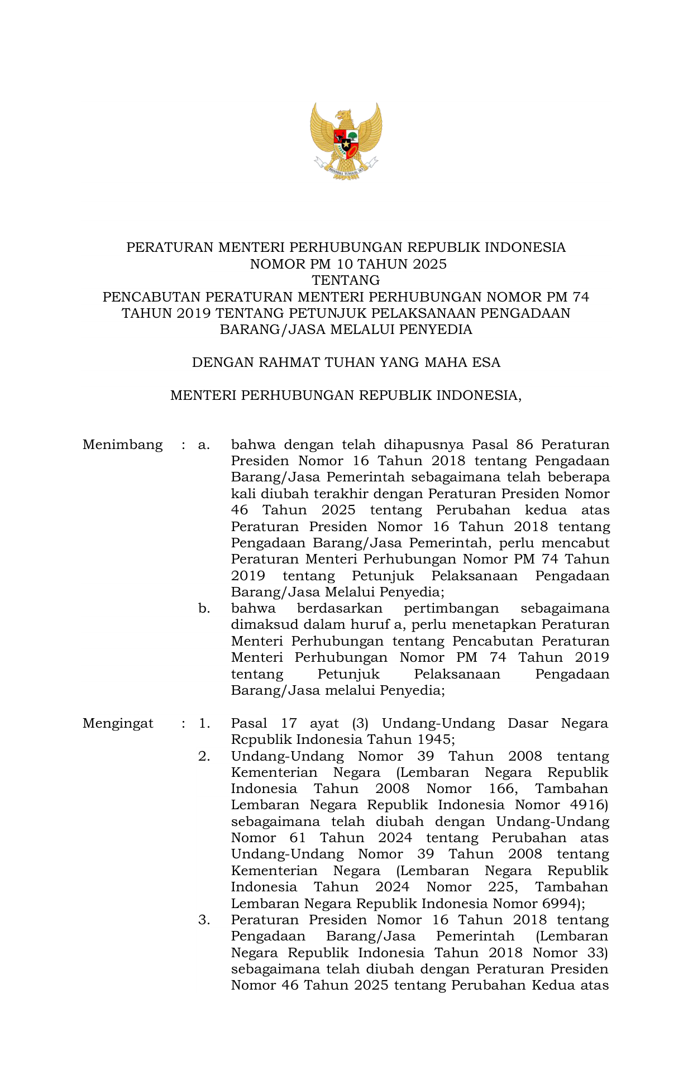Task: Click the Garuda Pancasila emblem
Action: [346, 141]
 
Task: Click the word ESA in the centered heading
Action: [486, 363]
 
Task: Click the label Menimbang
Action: [122, 445]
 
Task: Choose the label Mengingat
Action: [118, 724]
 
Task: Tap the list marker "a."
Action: [204, 445]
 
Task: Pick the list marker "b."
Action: [204, 609]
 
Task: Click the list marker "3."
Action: [204, 920]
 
